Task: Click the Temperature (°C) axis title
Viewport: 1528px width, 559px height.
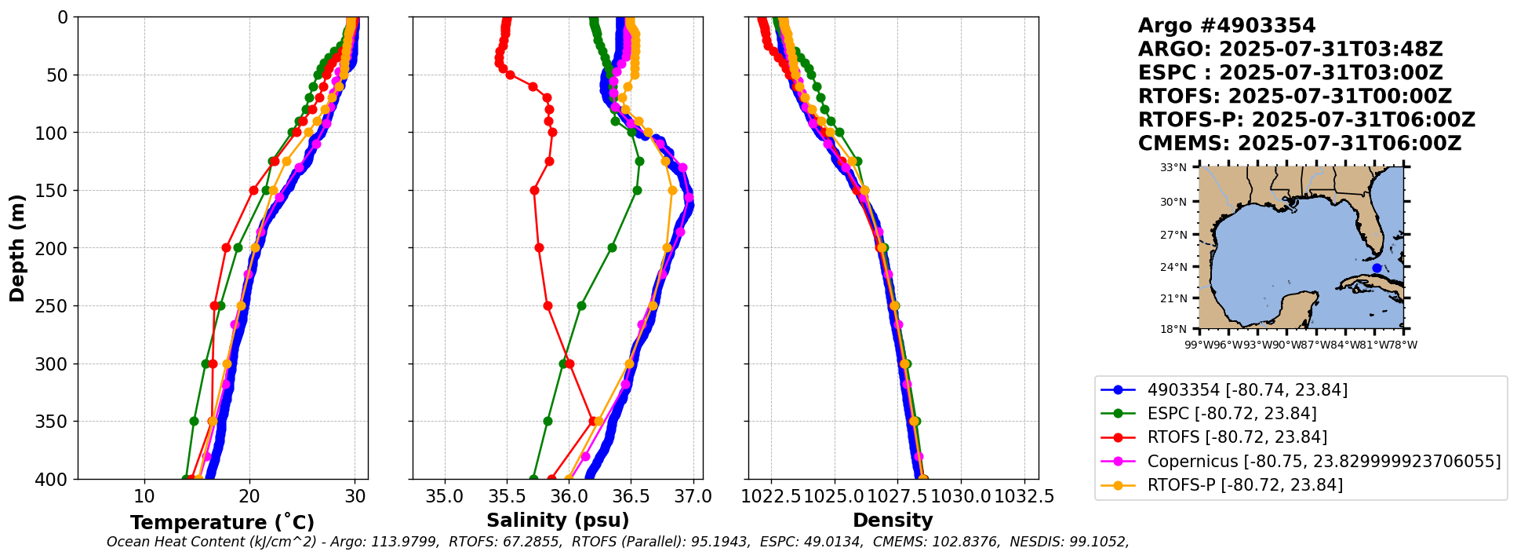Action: pyautogui.click(x=222, y=523)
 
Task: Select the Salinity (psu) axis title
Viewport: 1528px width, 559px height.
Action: pyautogui.click(x=558, y=521)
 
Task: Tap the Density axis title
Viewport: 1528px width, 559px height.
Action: pyautogui.click(x=893, y=521)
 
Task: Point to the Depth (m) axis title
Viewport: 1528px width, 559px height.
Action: pyautogui.click(x=17, y=248)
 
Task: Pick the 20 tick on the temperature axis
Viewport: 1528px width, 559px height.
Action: pyautogui.click(x=249, y=496)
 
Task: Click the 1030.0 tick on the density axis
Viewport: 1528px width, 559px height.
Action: pyautogui.click(x=962, y=496)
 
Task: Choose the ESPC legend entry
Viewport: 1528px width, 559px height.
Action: pyautogui.click(x=1231, y=414)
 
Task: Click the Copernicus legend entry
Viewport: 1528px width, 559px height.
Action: pyautogui.click(x=1323, y=461)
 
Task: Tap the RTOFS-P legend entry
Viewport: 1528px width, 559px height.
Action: pyautogui.click(x=1244, y=485)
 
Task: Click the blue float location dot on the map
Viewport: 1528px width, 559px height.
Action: pyautogui.click(x=1377, y=269)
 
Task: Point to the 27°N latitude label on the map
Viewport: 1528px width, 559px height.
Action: pyautogui.click(x=1174, y=235)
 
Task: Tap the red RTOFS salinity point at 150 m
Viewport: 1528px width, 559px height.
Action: pyautogui.click(x=534, y=190)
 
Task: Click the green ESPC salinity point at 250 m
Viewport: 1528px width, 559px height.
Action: pyautogui.click(x=581, y=305)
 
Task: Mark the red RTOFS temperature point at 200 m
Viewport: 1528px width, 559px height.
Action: pyautogui.click(x=226, y=247)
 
